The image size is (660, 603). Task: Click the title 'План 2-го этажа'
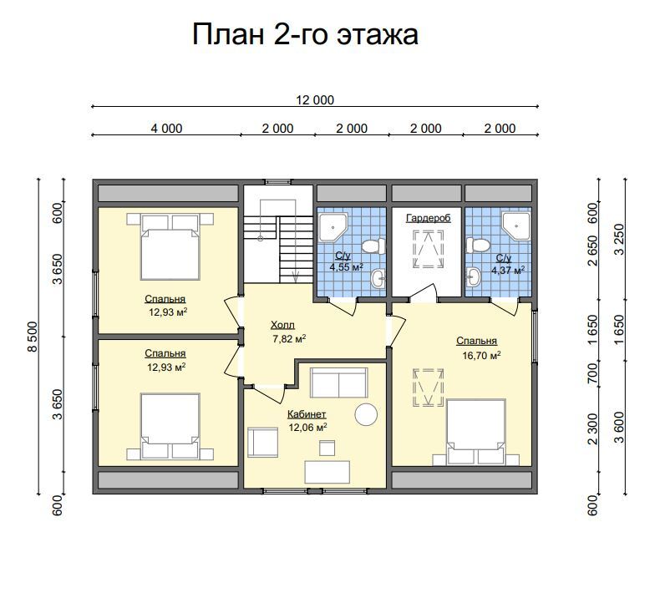point(305,34)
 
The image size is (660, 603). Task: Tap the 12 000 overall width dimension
point(315,100)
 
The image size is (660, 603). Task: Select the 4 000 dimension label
point(167,129)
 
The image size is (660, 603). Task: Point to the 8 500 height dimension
point(33,337)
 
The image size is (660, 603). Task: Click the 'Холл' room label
point(282,325)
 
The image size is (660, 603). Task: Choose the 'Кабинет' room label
point(307,414)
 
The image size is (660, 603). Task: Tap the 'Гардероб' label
point(429,218)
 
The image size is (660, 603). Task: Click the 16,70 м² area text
point(481,356)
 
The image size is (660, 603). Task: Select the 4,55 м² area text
point(347,266)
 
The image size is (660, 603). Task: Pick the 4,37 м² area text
point(508,270)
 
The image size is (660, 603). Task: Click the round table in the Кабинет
point(366,414)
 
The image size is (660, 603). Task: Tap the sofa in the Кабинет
point(339,383)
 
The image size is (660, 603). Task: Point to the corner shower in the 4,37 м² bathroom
point(516,226)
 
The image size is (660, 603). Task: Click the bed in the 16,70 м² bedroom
point(476,433)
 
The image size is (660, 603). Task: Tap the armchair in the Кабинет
point(262,443)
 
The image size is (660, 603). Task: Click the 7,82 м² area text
point(289,339)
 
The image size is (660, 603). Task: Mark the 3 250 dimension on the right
point(619,239)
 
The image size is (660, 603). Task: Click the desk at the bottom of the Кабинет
point(327,472)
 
